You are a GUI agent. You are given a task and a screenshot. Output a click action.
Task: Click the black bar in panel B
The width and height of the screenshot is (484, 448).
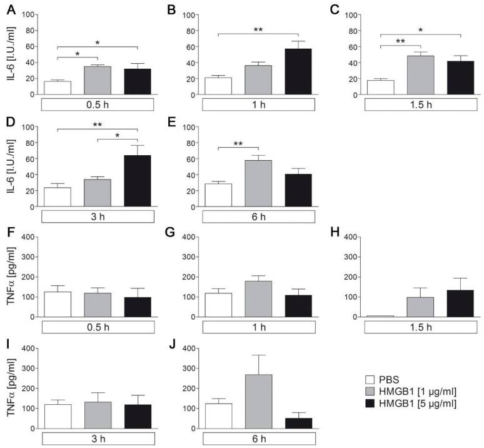point(298,71)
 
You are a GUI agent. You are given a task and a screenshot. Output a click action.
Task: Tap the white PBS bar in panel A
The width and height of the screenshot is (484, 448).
point(58,88)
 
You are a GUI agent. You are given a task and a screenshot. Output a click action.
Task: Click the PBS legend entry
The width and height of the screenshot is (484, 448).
point(388,379)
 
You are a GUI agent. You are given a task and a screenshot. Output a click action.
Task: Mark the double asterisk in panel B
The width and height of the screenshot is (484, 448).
point(258,29)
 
